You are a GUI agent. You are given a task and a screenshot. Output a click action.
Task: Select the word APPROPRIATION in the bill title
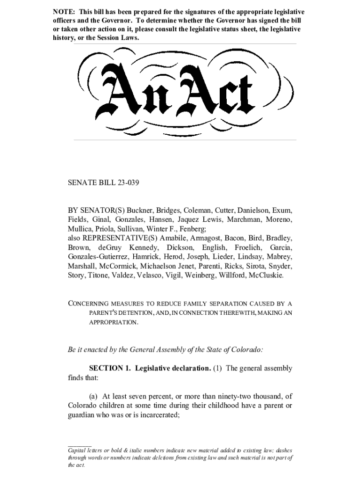coord(114,323)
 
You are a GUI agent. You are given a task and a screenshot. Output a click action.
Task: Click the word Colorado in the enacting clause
coord(246,349)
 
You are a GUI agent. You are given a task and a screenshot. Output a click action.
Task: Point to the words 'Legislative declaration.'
coord(173,368)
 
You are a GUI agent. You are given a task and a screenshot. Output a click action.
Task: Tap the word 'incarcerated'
coord(155,414)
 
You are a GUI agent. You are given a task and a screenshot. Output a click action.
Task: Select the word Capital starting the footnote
coord(79,450)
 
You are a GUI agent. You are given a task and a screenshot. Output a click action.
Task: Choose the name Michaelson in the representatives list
coord(153,266)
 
